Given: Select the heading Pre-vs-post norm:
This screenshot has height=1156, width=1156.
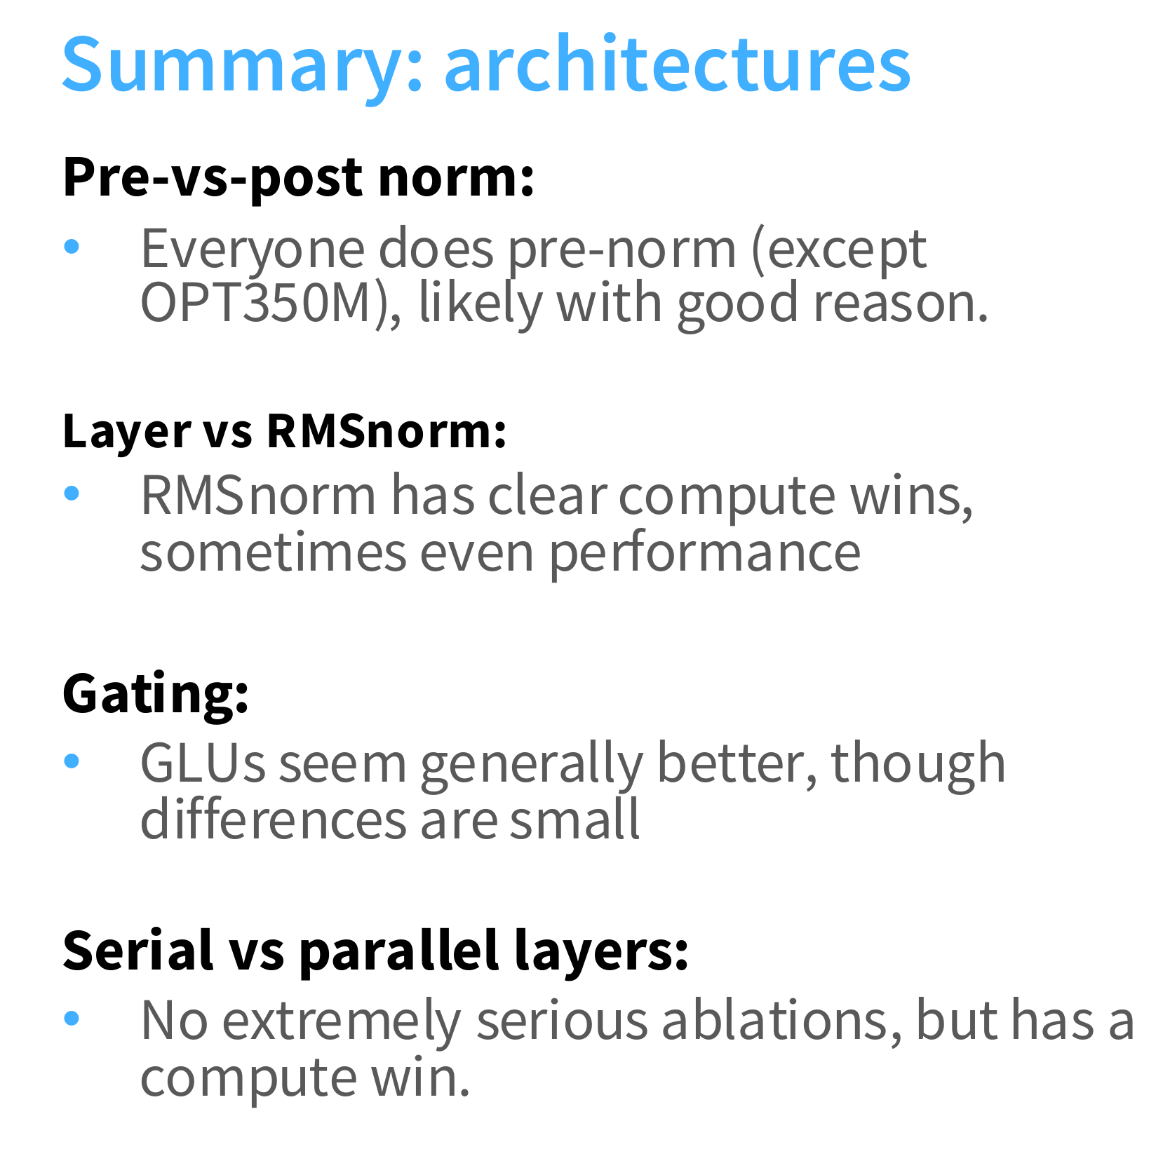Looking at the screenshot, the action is pyautogui.click(x=299, y=178).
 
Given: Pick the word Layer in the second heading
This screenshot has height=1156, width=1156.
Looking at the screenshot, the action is pyautogui.click(x=127, y=432).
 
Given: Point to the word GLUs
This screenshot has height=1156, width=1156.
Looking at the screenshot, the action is pyautogui.click(x=203, y=763).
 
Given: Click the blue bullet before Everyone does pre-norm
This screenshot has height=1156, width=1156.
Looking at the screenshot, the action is pyautogui.click(x=72, y=247).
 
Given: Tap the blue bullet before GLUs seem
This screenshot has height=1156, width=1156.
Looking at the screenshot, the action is pyautogui.click(x=72, y=761).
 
